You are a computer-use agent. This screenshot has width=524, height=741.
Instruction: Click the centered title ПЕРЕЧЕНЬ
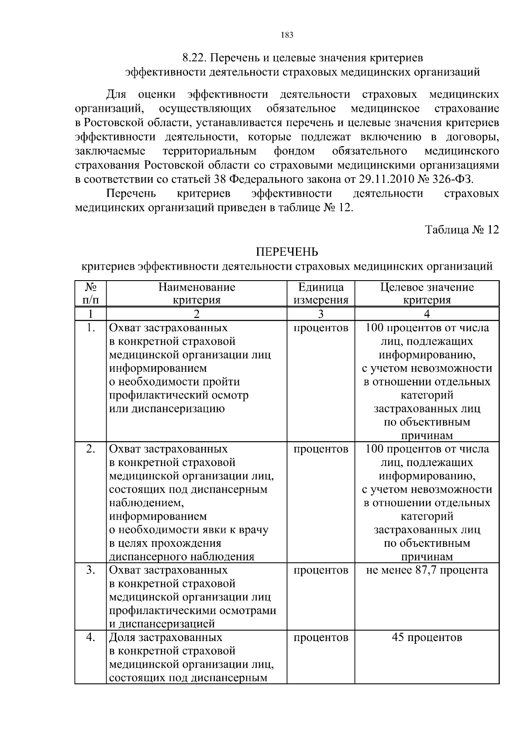(x=287, y=252)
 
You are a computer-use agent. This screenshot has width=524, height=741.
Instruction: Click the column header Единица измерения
(x=321, y=293)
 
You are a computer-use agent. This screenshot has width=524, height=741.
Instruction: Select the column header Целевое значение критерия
(x=427, y=293)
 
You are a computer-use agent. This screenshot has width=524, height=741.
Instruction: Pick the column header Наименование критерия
(x=196, y=293)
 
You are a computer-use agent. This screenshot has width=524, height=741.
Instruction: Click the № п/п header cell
(x=90, y=293)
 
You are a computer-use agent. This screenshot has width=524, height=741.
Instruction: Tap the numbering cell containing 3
(x=321, y=314)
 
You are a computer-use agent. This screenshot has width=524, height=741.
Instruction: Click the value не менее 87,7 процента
(x=427, y=570)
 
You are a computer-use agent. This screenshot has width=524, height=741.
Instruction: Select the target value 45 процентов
(x=427, y=638)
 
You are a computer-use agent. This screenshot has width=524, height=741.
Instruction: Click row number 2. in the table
(x=90, y=449)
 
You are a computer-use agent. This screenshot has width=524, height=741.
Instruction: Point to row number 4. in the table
(x=90, y=638)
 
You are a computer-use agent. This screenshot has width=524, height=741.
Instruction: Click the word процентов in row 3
(x=321, y=570)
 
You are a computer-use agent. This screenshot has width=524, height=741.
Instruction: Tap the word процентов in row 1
(x=321, y=328)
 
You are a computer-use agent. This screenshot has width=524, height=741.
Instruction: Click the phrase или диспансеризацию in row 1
(x=167, y=409)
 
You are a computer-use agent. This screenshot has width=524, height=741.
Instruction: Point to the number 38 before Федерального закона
(x=221, y=179)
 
